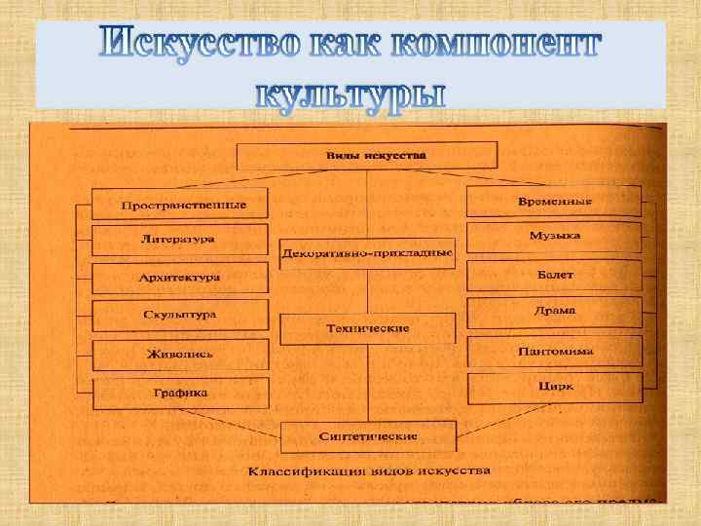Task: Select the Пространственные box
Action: [x=182, y=205]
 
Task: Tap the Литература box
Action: [x=179, y=240]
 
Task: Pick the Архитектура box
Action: [x=179, y=278]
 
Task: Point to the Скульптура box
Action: [x=179, y=315]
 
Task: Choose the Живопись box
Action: [x=179, y=355]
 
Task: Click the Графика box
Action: [x=179, y=394]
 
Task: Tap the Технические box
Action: [x=367, y=329]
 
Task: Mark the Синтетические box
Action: [x=368, y=435]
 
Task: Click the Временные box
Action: [x=554, y=201]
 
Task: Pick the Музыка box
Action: [x=554, y=237]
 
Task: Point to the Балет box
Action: [x=554, y=276]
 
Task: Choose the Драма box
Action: [x=554, y=312]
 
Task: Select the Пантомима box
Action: [x=554, y=351]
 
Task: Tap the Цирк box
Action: [x=554, y=387]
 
